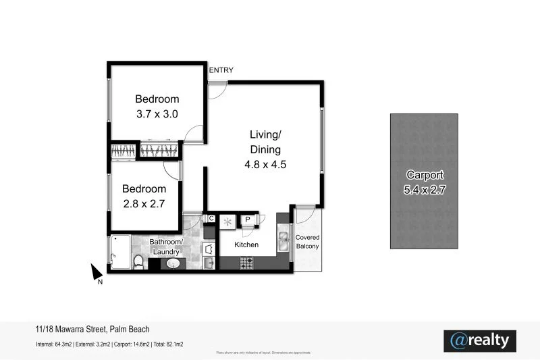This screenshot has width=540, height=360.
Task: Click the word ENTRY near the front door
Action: tap(221, 70)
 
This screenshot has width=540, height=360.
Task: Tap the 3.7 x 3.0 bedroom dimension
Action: tap(157, 114)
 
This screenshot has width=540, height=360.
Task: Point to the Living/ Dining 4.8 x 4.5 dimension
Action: tap(265, 164)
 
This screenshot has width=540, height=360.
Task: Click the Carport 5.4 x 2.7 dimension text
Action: tap(424, 190)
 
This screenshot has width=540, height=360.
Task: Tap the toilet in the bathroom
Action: tap(138, 261)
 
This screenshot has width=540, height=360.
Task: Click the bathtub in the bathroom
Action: tap(119, 251)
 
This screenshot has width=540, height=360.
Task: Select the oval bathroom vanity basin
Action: tap(173, 263)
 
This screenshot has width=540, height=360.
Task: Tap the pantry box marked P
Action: tap(248, 219)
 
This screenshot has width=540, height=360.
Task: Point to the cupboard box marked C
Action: tap(211, 218)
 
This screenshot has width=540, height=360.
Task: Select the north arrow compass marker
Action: tap(96, 273)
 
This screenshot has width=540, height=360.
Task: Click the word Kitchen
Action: tap(246, 245)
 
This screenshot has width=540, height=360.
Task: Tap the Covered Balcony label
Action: tap(307, 242)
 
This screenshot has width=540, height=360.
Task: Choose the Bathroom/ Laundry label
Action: tap(165, 247)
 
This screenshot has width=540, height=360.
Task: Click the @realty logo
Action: tap(480, 341)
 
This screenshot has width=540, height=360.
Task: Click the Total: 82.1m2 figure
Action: tap(169, 344)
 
